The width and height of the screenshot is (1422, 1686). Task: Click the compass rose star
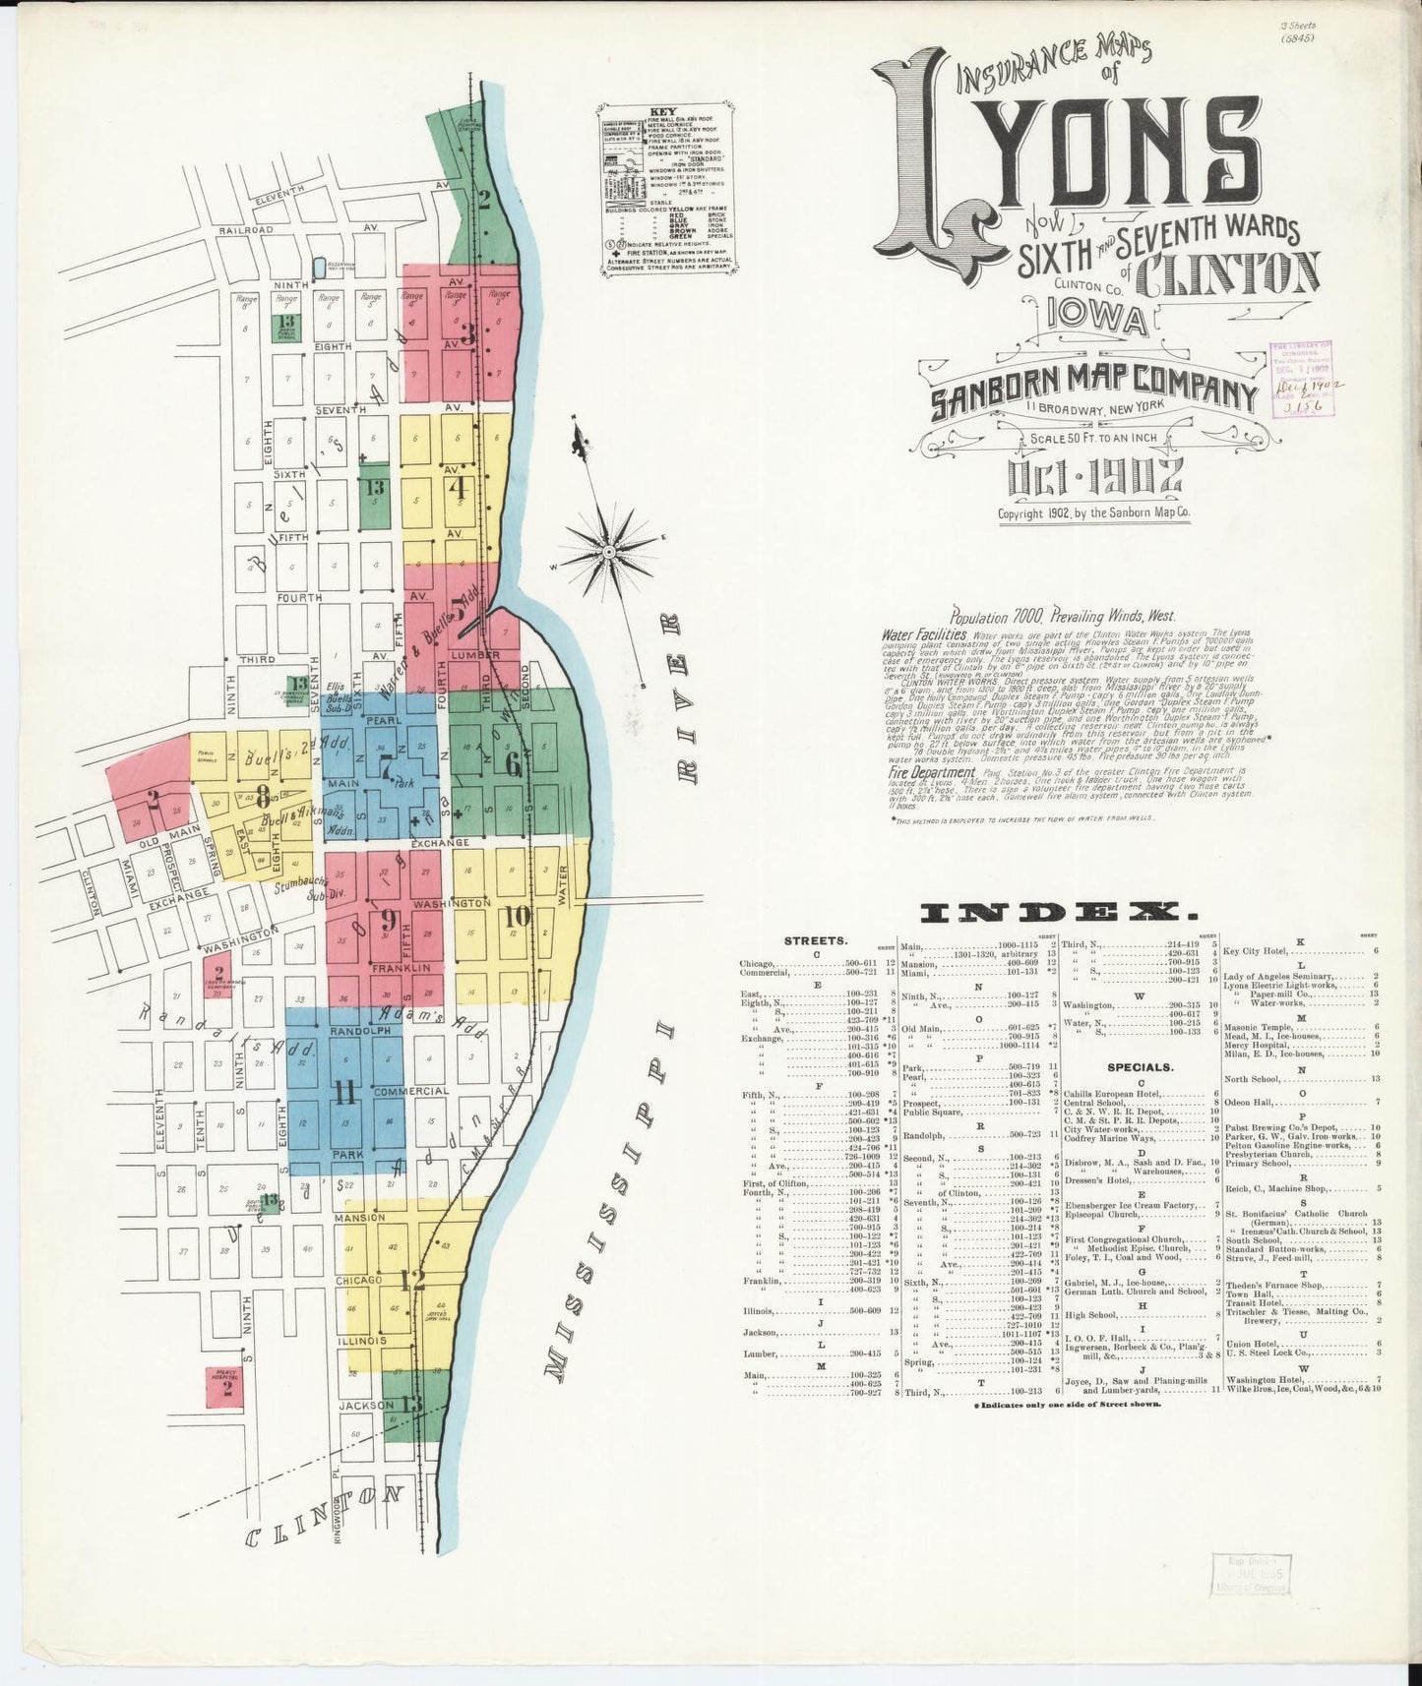click(610, 540)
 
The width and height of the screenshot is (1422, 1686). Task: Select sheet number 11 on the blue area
click(343, 1093)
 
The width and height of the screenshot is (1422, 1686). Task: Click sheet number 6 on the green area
click(513, 770)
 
